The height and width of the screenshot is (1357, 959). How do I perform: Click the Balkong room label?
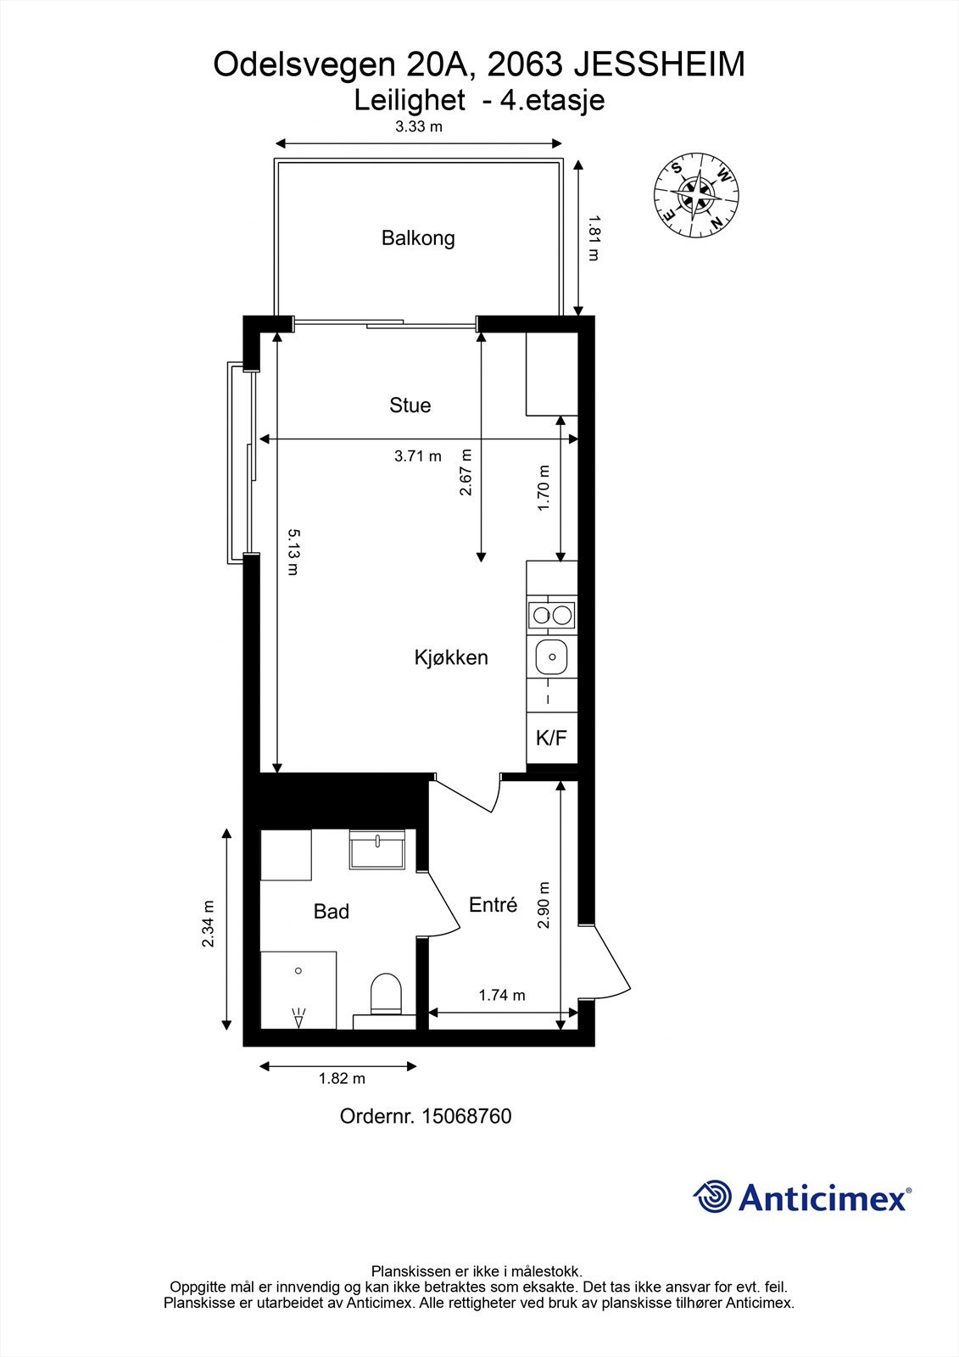click(x=418, y=238)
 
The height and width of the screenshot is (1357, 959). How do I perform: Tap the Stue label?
click(x=410, y=405)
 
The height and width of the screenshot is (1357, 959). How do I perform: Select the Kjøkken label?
click(x=451, y=657)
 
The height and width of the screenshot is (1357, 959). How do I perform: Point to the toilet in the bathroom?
click(x=386, y=994)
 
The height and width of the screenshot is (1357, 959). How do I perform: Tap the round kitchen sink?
click(x=552, y=656)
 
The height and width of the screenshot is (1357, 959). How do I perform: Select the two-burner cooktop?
click(x=551, y=615)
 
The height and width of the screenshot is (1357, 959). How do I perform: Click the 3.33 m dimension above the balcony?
click(x=419, y=127)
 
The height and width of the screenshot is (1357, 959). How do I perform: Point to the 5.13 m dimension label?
click(x=292, y=552)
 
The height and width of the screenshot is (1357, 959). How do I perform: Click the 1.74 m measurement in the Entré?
click(x=502, y=995)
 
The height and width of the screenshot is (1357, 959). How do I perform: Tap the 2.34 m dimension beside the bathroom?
click(x=209, y=924)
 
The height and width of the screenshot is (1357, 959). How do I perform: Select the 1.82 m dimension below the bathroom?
click(x=342, y=1079)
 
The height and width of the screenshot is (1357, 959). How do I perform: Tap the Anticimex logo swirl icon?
click(x=712, y=1197)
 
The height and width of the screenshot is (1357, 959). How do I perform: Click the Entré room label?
click(x=493, y=905)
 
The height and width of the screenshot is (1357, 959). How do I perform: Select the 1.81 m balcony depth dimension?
click(x=593, y=239)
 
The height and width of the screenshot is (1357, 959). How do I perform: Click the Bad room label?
click(x=331, y=912)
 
